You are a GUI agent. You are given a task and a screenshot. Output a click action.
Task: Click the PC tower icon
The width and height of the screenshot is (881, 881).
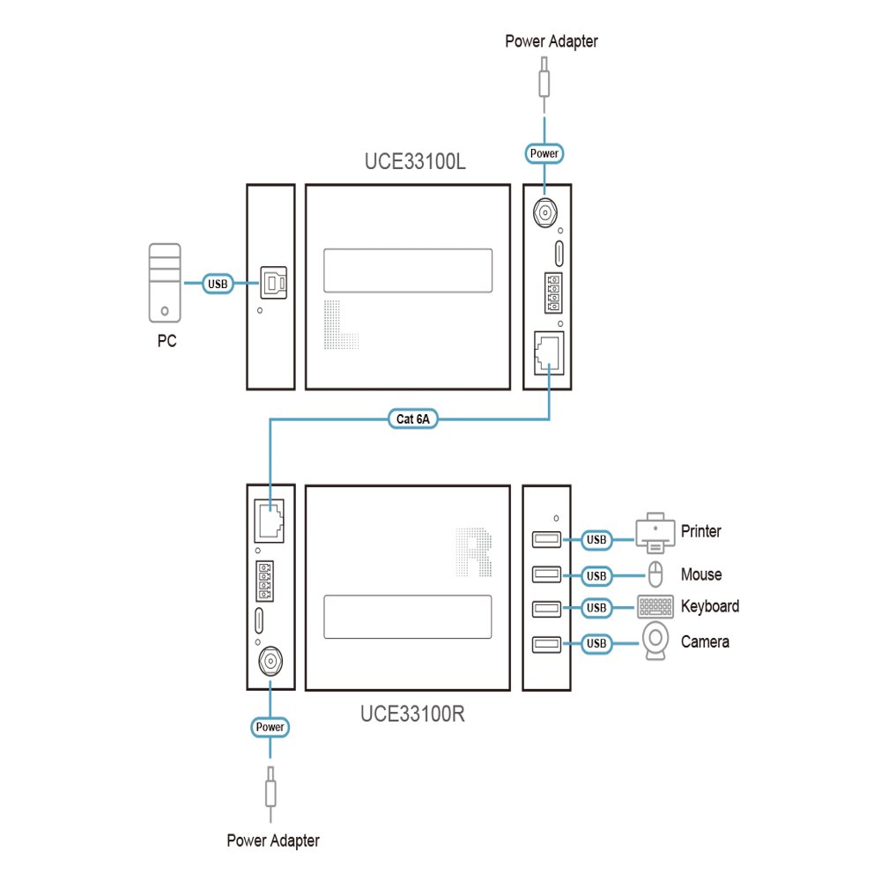[165, 283]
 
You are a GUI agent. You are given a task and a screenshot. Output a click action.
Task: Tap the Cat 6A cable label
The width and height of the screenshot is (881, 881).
[413, 419]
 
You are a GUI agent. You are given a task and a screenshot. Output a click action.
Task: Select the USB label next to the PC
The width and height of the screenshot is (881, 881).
[218, 284]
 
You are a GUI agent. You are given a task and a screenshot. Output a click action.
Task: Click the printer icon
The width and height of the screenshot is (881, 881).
[655, 533]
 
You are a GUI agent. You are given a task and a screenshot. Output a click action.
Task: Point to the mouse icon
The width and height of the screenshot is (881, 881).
[655, 574]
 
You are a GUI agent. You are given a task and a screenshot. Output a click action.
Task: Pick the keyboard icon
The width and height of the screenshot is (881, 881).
[655, 607]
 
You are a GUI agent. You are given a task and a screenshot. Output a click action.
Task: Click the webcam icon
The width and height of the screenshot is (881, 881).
[655, 640]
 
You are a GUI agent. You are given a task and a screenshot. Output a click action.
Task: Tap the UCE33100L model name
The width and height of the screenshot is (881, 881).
[415, 162]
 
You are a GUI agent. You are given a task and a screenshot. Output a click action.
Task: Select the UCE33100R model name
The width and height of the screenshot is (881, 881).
[412, 714]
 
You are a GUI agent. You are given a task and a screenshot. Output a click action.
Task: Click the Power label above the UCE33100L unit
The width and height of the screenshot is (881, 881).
[544, 153]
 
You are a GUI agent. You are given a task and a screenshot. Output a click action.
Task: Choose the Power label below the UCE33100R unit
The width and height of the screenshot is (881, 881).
[270, 727]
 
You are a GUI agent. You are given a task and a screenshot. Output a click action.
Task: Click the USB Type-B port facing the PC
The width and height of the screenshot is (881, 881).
[274, 283]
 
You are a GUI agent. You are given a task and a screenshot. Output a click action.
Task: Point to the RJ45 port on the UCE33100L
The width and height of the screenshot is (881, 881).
[548, 353]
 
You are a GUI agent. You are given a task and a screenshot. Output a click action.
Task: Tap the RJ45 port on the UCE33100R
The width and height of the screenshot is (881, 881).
[269, 521]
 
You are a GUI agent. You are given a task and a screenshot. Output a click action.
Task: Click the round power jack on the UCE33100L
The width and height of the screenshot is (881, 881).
[544, 213]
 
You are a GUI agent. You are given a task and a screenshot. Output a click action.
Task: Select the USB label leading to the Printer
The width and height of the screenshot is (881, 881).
[596, 540]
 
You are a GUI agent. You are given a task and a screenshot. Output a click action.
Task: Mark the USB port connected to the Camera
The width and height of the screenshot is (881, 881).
[546, 644]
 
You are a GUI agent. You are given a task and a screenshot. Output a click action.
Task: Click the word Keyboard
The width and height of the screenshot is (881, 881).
[710, 606]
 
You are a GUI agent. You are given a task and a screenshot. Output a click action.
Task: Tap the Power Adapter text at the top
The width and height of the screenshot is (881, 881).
[552, 41]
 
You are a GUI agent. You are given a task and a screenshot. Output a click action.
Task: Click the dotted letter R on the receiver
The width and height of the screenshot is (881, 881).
[474, 552]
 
